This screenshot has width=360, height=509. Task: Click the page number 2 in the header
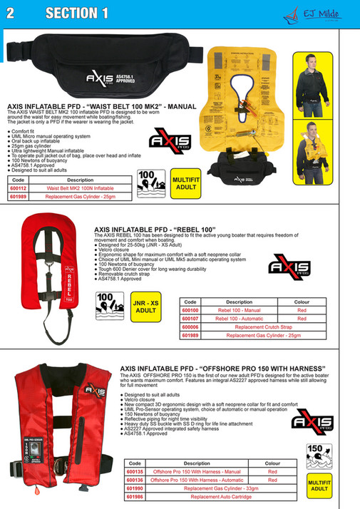tap(11, 13)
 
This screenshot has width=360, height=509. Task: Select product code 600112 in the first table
tap(19, 188)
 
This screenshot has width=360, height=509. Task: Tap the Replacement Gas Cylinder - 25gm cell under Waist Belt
tap(80, 196)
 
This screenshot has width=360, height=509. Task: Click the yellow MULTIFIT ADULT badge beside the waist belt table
tap(186, 183)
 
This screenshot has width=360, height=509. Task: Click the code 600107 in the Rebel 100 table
tap(191, 319)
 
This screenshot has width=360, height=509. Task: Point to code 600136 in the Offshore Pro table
tap(135, 480)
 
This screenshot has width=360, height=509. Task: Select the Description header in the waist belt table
tap(80, 180)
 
